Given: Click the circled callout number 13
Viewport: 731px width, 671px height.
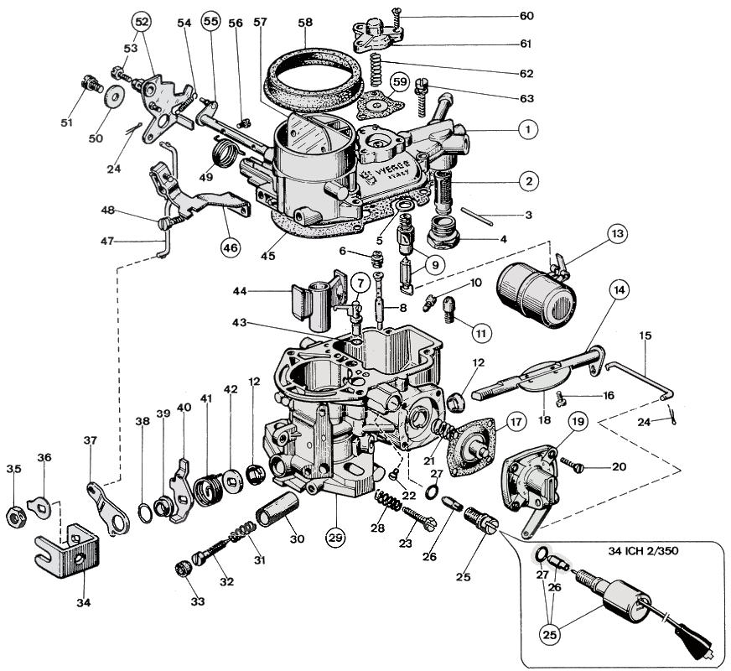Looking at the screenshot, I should point(617,234).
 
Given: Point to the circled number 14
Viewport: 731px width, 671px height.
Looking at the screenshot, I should point(619,291).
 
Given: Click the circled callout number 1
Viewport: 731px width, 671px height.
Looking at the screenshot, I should point(526,130).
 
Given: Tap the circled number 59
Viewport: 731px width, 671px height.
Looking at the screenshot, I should point(400,82).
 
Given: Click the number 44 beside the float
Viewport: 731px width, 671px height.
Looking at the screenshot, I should point(239,291).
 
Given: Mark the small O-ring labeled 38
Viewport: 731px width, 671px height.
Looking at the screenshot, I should point(143,511).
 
